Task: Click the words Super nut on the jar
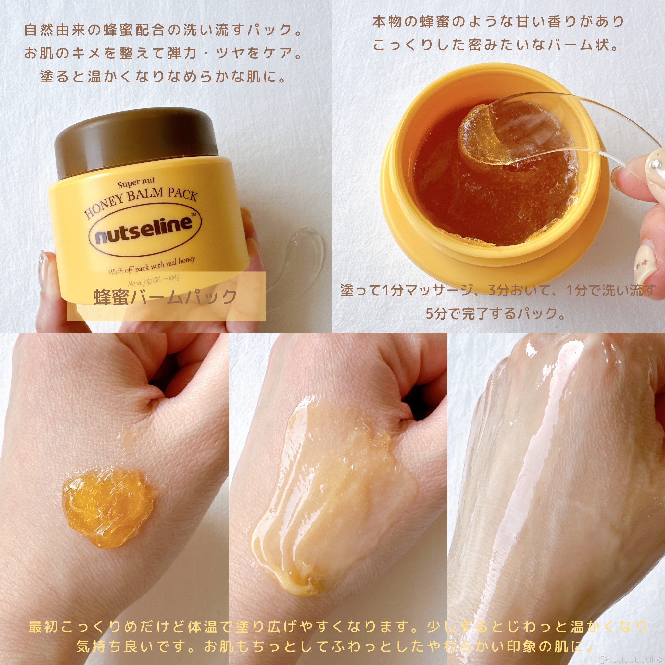[136, 183]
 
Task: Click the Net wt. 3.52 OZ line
[154, 281]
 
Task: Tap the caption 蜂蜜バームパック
[165, 297]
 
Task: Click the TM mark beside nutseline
[194, 214]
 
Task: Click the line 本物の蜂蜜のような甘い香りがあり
[498, 22]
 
